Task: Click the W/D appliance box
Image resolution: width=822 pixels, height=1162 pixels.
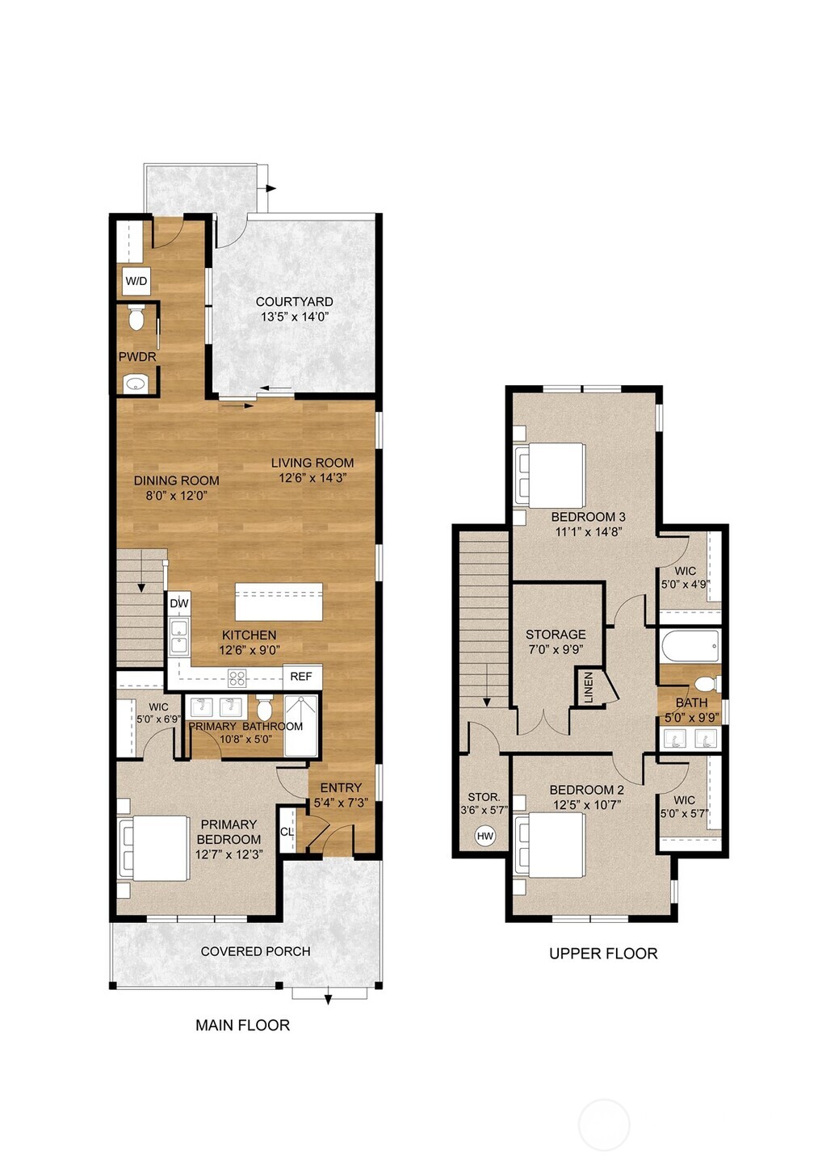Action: click(x=136, y=281)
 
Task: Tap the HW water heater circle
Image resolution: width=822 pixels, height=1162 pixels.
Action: click(x=484, y=836)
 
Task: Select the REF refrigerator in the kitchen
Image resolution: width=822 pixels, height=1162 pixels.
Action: click(x=301, y=677)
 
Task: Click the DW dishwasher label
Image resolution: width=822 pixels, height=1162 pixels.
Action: click(x=179, y=603)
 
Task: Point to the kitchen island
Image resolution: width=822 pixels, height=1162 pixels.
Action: click(x=279, y=602)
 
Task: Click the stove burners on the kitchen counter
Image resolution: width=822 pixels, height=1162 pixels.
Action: click(x=237, y=677)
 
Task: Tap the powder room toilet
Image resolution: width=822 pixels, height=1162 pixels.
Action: click(x=136, y=319)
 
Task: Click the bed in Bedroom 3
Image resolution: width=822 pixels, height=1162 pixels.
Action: click(x=551, y=476)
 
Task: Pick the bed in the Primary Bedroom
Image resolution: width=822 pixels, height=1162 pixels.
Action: click(x=153, y=848)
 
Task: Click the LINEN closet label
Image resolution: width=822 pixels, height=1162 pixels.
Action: click(x=589, y=688)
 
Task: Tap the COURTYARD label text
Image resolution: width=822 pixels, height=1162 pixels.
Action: click(x=294, y=302)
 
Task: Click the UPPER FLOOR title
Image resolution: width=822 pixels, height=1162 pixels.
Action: click(x=603, y=954)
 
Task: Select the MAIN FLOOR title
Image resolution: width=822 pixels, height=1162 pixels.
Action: click(x=242, y=1026)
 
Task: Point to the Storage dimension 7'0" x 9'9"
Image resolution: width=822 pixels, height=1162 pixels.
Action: click(x=556, y=649)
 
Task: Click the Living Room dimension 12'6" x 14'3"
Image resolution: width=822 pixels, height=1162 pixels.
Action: click(x=312, y=477)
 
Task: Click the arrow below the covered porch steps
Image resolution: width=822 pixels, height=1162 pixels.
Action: click(x=328, y=1000)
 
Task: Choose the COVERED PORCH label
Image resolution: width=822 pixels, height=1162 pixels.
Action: click(x=255, y=951)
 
